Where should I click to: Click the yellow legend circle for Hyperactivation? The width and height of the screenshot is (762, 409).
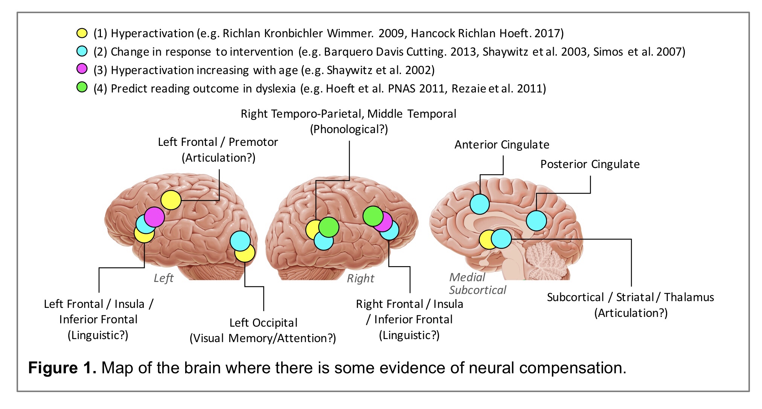(82, 33)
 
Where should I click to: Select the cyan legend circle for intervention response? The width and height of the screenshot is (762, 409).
(82, 51)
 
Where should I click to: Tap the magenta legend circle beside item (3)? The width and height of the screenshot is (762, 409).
(82, 69)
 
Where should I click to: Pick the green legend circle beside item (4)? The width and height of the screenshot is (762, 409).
(82, 88)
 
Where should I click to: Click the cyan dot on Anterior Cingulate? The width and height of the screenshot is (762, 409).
(480, 204)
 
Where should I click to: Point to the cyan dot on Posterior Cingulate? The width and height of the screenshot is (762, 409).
(536, 221)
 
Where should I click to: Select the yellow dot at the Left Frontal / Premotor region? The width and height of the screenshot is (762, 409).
(171, 200)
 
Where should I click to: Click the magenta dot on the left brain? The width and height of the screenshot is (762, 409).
(155, 217)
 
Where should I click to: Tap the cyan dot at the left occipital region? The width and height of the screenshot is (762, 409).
(240, 241)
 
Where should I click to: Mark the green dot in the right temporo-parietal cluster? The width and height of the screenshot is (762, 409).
(329, 227)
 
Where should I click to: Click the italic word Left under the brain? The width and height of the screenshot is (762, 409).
(163, 278)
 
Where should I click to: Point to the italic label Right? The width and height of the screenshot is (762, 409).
(360, 279)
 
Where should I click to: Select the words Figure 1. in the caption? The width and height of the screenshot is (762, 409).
(62, 368)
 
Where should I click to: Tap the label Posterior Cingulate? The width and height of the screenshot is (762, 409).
(590, 164)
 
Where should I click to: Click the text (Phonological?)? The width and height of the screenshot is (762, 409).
(349, 129)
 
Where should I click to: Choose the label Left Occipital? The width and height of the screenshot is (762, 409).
(263, 323)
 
